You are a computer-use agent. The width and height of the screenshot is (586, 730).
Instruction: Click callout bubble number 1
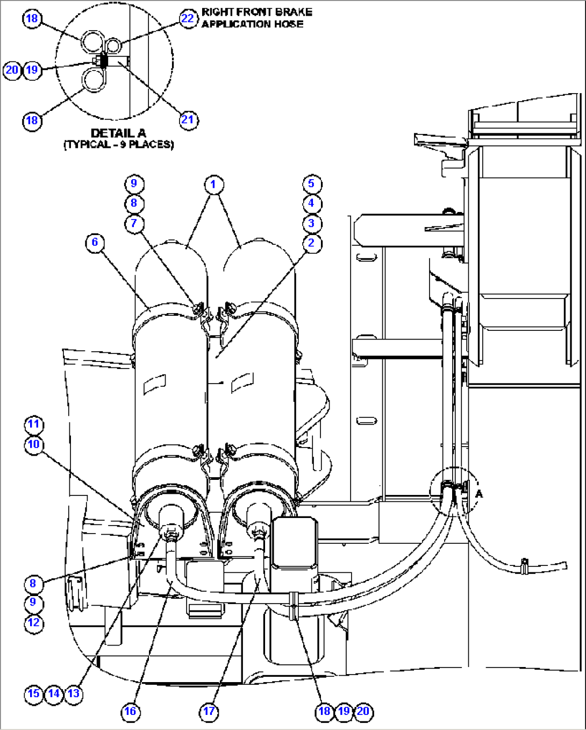click(213, 185)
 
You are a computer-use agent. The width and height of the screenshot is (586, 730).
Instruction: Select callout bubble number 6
click(95, 242)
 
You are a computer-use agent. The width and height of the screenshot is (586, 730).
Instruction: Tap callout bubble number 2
click(311, 243)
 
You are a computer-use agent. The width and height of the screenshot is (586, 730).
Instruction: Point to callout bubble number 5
click(311, 183)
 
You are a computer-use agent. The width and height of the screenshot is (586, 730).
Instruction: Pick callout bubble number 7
click(134, 223)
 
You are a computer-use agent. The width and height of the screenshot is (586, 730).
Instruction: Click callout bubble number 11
click(34, 424)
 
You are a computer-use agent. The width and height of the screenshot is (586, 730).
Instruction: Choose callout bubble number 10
click(34, 444)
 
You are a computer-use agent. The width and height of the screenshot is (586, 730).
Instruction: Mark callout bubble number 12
click(33, 623)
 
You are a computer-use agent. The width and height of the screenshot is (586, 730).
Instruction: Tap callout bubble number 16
click(131, 711)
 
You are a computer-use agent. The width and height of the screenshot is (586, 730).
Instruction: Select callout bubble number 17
click(209, 711)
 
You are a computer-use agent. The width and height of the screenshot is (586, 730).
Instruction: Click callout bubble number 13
click(74, 693)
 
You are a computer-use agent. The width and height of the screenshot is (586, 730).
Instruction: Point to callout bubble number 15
click(33, 693)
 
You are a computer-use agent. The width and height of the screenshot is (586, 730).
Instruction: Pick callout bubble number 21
click(188, 119)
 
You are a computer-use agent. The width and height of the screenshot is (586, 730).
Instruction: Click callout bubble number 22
click(188, 19)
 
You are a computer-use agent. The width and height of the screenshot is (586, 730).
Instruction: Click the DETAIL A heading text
click(118, 133)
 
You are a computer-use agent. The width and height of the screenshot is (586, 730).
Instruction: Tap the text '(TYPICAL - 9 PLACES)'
click(119, 145)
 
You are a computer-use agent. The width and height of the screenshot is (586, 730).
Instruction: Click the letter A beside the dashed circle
click(480, 493)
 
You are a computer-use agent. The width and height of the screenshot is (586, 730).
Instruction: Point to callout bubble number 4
click(311, 203)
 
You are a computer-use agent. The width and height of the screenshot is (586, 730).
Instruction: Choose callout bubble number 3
click(311, 223)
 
